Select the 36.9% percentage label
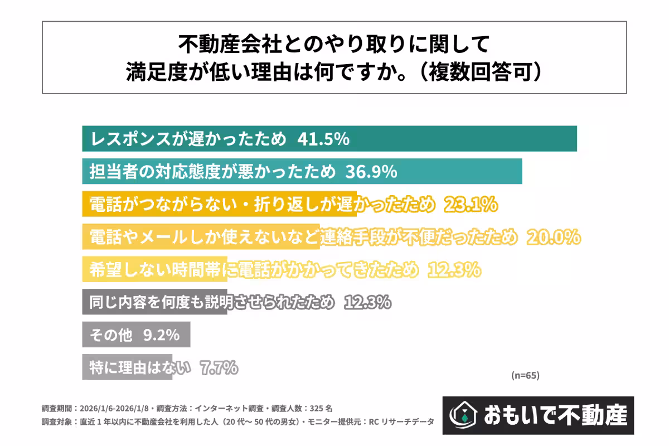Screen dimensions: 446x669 (x=371, y=172)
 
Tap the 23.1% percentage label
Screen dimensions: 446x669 (x=470, y=205)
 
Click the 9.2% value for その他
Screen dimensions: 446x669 (x=161, y=335)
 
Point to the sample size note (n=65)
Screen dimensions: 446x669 (x=525, y=375)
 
